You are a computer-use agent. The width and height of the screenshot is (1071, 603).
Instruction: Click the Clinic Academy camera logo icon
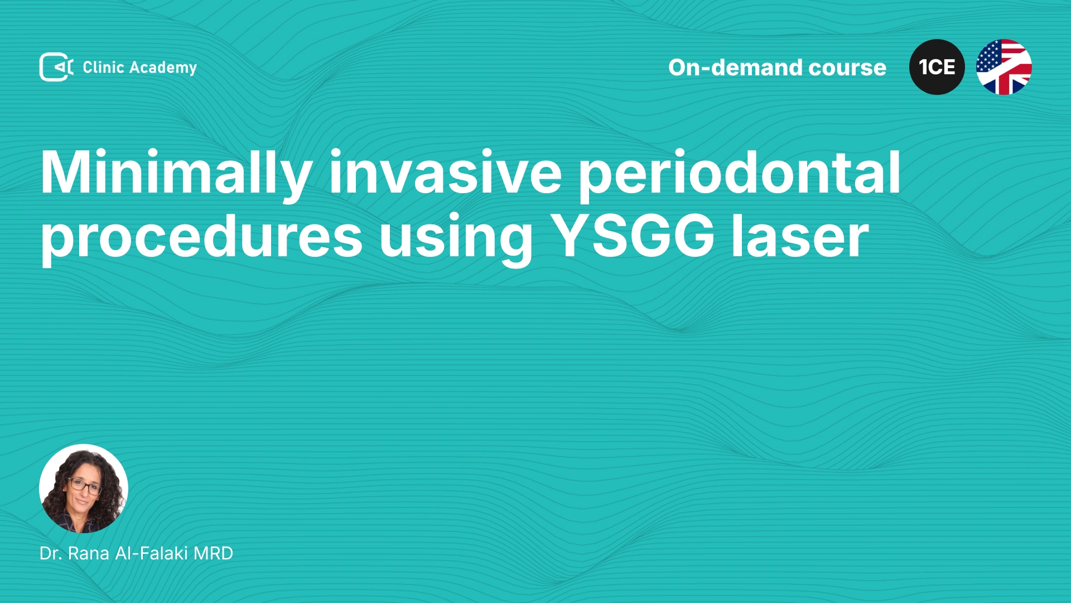56,67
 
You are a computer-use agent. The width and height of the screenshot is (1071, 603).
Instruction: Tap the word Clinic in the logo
103,67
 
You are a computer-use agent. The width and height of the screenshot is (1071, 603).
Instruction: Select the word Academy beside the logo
163,68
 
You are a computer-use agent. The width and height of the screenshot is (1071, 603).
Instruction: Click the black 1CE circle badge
937,67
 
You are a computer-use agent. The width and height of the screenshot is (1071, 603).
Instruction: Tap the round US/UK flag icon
1004,67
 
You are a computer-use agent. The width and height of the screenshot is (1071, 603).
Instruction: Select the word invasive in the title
445,173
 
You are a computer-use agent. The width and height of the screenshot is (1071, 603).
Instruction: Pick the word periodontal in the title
740,174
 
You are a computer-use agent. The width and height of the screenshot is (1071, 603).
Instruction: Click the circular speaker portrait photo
84,489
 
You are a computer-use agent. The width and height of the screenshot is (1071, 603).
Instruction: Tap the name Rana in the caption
89,553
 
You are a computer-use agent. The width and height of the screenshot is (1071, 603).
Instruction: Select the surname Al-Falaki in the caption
151,553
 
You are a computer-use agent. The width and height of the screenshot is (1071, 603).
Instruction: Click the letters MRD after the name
213,553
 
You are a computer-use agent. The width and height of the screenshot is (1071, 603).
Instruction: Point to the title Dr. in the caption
51,553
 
